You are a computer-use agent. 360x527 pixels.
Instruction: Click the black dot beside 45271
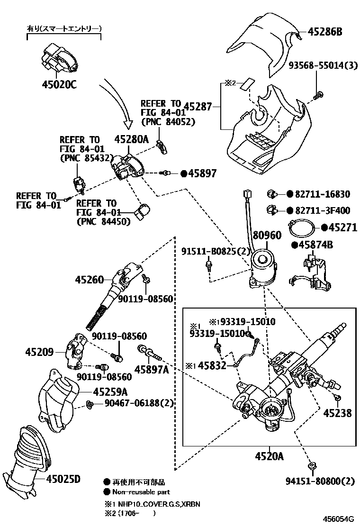pos(324,227)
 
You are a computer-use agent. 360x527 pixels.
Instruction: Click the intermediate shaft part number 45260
pos(89,280)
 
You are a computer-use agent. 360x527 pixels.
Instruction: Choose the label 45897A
pos(152,370)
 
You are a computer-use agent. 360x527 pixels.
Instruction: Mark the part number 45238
pos(337,413)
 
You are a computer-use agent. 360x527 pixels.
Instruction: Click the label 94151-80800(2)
pos(320,482)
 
